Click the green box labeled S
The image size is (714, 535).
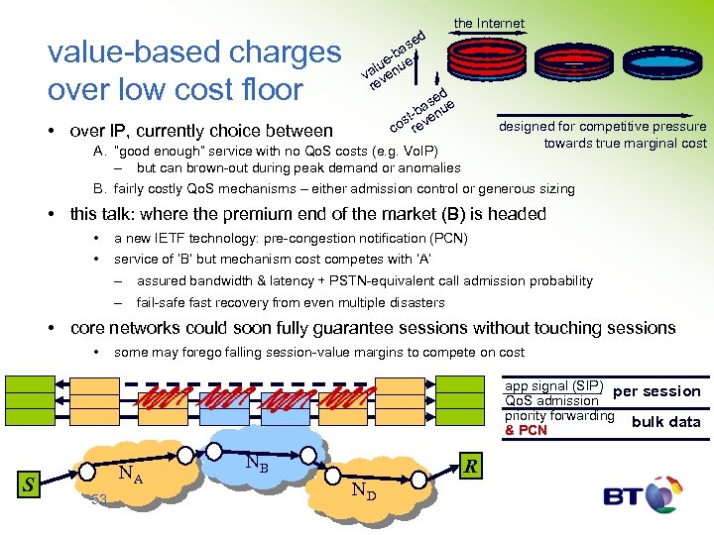click(30, 484)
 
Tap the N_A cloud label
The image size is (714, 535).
click(128, 475)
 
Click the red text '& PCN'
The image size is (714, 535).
click(526, 430)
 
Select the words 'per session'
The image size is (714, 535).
click(656, 391)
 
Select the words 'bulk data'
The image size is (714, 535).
click(665, 422)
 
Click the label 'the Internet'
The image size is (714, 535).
click(489, 23)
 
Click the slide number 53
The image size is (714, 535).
click(98, 498)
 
